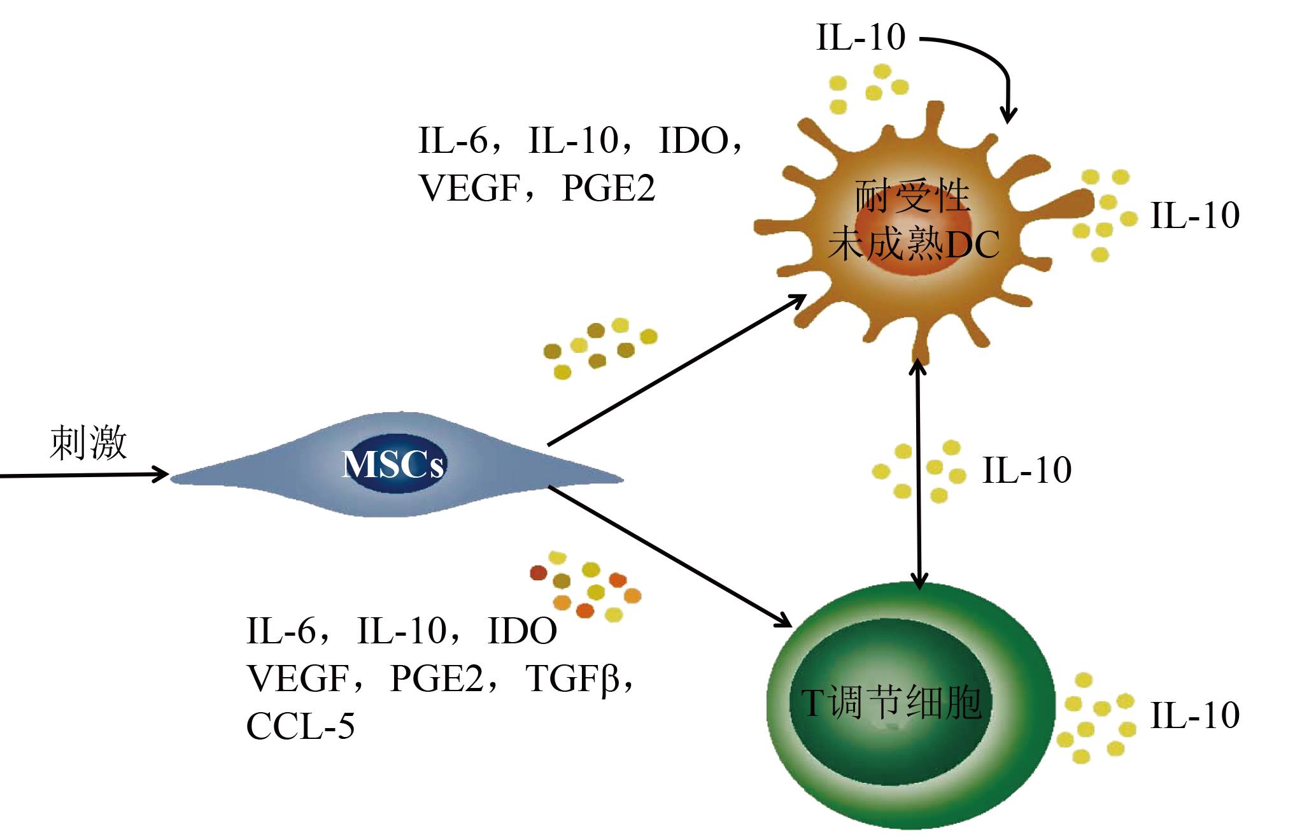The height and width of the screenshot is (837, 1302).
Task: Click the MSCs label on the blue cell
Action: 393,465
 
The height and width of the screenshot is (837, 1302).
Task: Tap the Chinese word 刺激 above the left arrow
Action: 88,443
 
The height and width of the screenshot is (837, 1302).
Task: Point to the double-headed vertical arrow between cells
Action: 917,475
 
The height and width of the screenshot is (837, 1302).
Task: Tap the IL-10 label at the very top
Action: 860,38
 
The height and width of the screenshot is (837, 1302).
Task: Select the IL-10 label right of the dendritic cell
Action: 1194,215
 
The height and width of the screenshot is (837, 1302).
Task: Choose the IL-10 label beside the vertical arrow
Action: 1026,470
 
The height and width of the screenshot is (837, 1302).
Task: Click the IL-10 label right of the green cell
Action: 1194,715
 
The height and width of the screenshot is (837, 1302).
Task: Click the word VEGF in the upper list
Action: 466,188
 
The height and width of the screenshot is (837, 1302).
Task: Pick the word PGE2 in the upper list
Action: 608,188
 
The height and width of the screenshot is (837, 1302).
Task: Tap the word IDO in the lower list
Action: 521,631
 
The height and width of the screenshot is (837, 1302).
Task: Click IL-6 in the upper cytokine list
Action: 453,140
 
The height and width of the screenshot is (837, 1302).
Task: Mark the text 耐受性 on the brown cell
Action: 912,196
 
